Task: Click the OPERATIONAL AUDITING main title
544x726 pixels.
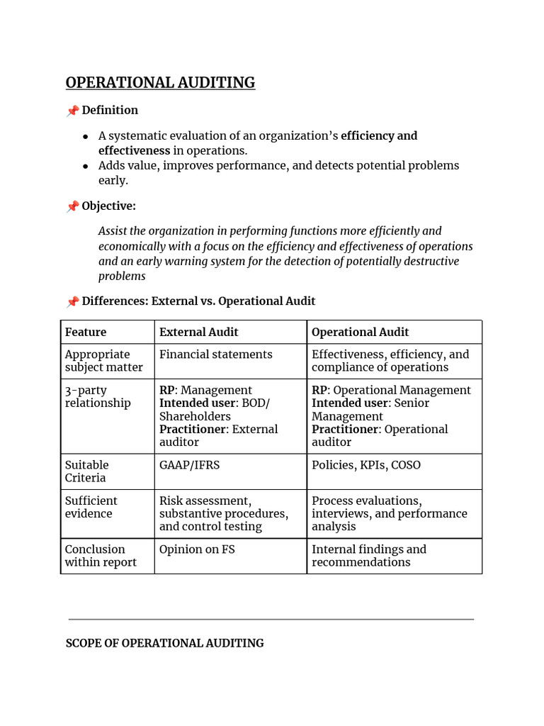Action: pyautogui.click(x=160, y=83)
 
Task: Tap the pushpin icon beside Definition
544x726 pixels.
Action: pyautogui.click(x=72, y=111)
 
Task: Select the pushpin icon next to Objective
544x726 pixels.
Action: pyautogui.click(x=72, y=206)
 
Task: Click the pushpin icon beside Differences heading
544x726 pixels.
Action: pyautogui.click(x=72, y=301)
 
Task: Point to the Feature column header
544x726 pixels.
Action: pyautogui.click(x=86, y=332)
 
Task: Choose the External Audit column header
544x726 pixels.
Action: pyautogui.click(x=199, y=332)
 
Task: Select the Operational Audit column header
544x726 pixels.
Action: pyautogui.click(x=360, y=332)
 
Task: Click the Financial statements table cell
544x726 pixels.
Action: pyautogui.click(x=215, y=354)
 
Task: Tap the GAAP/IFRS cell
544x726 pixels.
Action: pyautogui.click(x=189, y=465)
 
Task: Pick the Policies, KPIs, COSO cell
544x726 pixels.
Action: pyautogui.click(x=365, y=465)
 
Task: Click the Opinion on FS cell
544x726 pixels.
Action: pyautogui.click(x=197, y=549)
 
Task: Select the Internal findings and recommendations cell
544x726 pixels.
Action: pyautogui.click(x=369, y=556)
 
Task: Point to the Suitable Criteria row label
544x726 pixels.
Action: pyautogui.click(x=87, y=471)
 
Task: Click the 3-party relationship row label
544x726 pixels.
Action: pyautogui.click(x=98, y=396)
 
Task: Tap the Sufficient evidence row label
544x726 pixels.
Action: pyautogui.click(x=91, y=507)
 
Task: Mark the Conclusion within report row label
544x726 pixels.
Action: pyautogui.click(x=100, y=556)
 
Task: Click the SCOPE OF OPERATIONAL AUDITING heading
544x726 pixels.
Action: pyautogui.click(x=164, y=643)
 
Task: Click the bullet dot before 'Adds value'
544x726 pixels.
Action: pyautogui.click(x=86, y=166)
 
